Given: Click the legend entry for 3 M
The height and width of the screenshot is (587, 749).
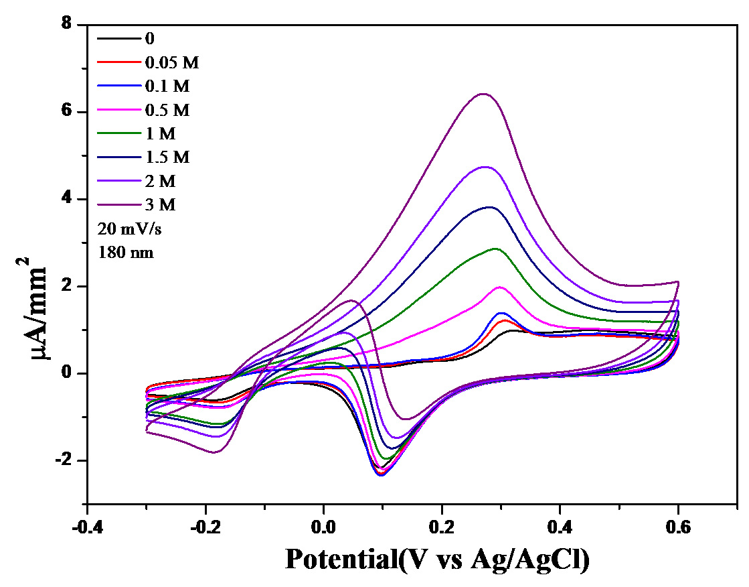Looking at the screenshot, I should click(x=160, y=204).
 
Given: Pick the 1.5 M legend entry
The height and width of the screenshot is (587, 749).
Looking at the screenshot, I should click(x=167, y=157).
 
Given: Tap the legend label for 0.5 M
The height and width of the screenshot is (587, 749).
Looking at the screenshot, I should click(x=167, y=110).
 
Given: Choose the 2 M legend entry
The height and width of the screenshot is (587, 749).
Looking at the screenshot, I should click(x=160, y=181).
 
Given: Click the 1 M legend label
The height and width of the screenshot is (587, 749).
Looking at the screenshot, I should click(x=160, y=133).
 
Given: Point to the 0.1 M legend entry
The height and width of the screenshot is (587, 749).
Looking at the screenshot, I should click(x=167, y=86).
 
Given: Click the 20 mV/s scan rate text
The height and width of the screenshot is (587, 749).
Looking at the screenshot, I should click(x=129, y=229).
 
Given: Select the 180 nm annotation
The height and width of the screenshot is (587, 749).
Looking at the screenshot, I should click(x=126, y=253).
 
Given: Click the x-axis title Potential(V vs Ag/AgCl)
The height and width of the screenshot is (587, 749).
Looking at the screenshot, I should click(x=438, y=558).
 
